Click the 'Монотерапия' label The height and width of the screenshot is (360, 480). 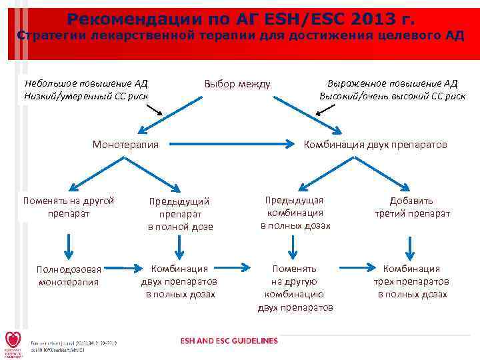click(125, 144)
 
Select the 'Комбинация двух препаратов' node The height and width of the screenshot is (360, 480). click(375, 144)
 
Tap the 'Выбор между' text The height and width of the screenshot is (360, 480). click(237, 84)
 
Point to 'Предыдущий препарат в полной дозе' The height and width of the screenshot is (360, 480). click(180, 213)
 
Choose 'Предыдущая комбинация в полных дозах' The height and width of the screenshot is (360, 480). click(295, 213)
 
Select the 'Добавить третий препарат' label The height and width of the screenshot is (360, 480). click(412, 207)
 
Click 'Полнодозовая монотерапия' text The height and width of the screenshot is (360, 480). click(69, 275)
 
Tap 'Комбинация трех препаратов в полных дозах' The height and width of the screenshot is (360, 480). click(411, 281)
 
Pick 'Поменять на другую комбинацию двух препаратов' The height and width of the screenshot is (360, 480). click(295, 288)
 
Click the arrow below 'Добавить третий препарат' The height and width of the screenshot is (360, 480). click(411, 247)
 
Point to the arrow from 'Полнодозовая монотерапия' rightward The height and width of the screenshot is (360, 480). click(122, 269)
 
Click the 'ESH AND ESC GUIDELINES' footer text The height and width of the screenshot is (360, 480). click(229, 341)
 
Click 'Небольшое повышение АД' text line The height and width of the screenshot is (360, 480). click(86, 83)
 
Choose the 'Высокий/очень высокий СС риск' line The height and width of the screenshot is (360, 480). click(392, 96)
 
